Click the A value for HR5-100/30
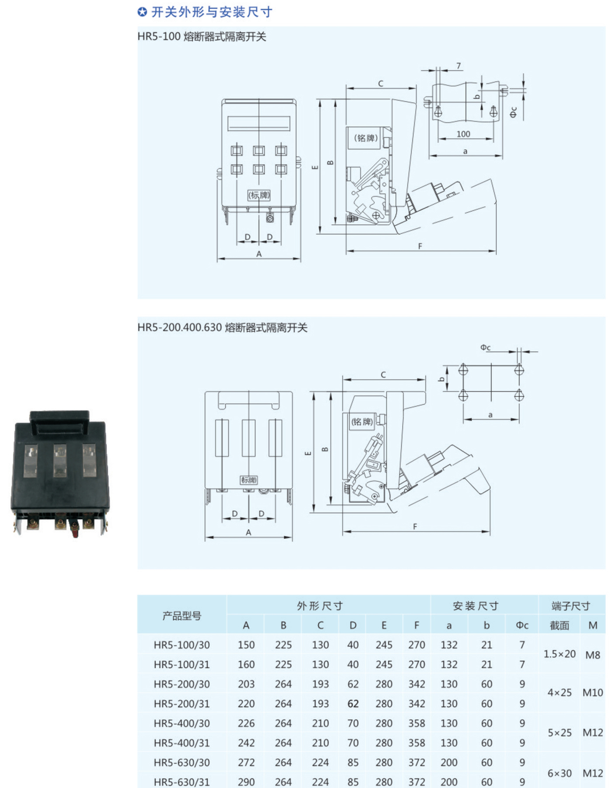[x=246, y=645]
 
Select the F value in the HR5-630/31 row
[x=417, y=782]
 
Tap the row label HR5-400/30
[x=181, y=723]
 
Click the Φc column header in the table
[x=522, y=625]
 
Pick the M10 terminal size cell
[x=592, y=693]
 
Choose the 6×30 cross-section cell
[x=560, y=773]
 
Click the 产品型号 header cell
[x=182, y=616]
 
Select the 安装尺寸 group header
[x=475, y=606]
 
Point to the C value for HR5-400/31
[x=320, y=743]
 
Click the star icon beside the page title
[x=142, y=12]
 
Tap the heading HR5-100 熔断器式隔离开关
[x=202, y=37]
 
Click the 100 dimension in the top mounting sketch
[x=463, y=134]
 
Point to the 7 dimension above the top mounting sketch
[x=459, y=66]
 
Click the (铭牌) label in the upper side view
[x=365, y=138]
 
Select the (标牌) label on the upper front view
[x=259, y=195]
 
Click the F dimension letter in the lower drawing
[x=415, y=527]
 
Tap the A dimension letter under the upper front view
[x=259, y=254]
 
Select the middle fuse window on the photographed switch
[x=59, y=460]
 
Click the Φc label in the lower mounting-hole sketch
[x=486, y=347]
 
